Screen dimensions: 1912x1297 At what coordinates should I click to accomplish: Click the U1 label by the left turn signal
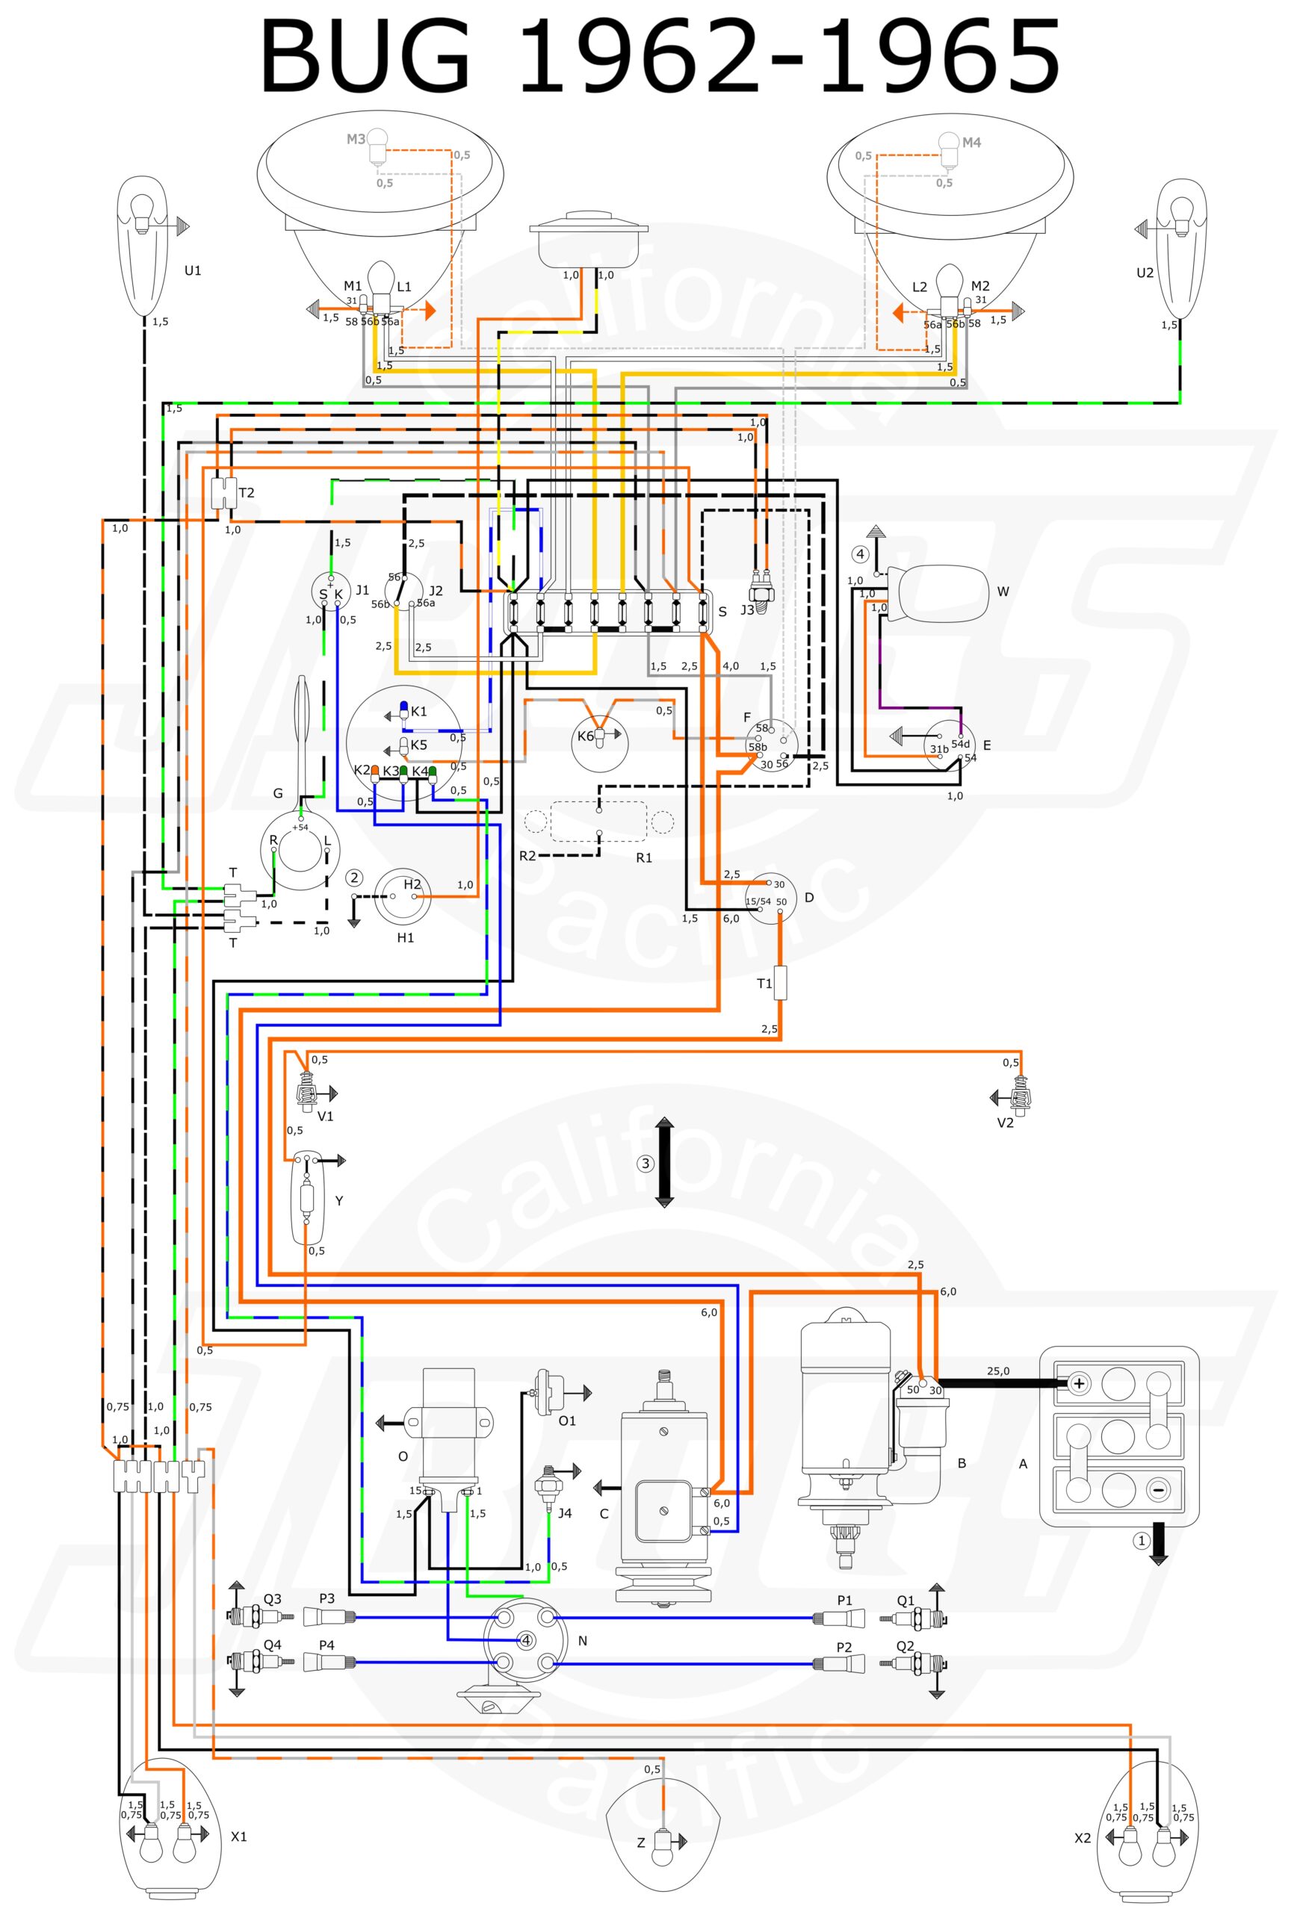[x=193, y=270]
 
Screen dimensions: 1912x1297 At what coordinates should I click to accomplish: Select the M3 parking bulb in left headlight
[x=376, y=144]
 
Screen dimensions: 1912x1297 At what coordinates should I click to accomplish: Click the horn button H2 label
[x=412, y=884]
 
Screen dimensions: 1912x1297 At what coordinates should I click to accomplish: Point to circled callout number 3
[x=646, y=1164]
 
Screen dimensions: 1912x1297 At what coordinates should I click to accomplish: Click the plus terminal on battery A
[x=1079, y=1384]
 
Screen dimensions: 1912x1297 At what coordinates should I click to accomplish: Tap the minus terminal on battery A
[x=1157, y=1490]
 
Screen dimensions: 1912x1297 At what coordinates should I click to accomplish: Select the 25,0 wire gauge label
[x=998, y=1371]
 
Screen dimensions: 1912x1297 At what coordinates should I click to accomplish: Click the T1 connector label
[x=764, y=983]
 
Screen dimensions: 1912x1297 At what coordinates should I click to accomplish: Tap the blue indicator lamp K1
[x=404, y=710]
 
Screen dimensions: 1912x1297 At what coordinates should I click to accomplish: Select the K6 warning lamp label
[x=585, y=736]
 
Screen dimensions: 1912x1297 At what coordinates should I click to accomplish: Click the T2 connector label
[x=246, y=493]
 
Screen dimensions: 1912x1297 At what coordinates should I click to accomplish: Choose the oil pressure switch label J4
[x=565, y=1513]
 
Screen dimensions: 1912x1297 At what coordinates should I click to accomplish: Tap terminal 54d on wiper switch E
[x=960, y=743]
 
